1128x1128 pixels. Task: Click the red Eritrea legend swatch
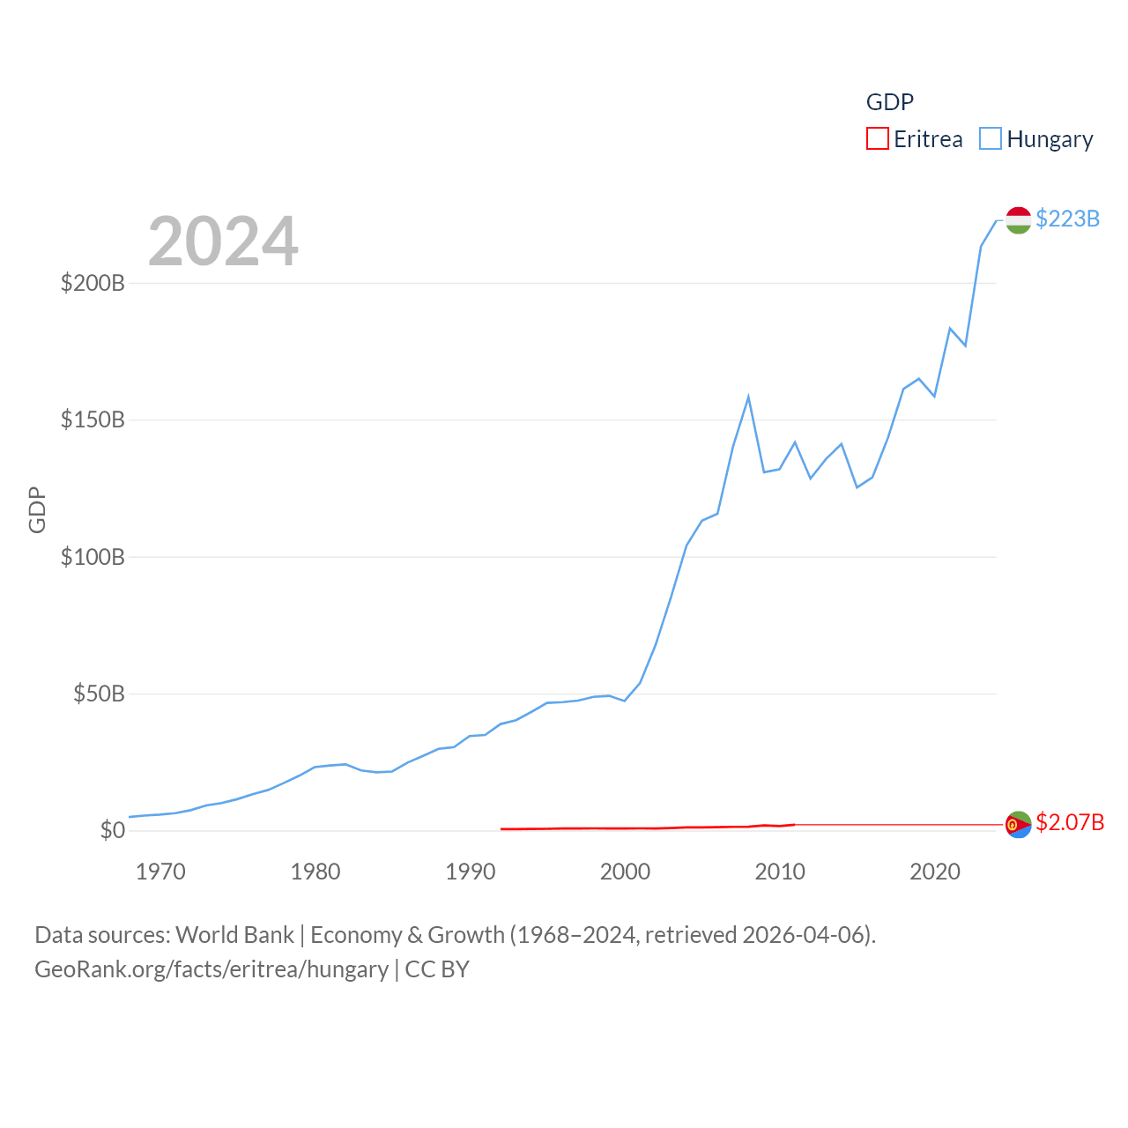[x=878, y=139]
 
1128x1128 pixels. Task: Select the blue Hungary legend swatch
[x=991, y=139]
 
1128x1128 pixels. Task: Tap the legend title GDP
[x=890, y=102]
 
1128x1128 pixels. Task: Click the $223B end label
[x=1067, y=219]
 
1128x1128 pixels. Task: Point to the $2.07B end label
[x=1070, y=822]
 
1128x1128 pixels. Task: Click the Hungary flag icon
[x=1019, y=220]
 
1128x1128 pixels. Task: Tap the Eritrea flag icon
[x=1019, y=825]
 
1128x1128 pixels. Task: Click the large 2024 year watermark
[x=223, y=241]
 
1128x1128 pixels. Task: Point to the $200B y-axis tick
[x=93, y=283]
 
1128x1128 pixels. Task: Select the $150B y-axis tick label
[x=93, y=419]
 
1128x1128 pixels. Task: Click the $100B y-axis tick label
[x=93, y=557]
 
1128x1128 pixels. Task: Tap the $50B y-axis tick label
[x=99, y=694]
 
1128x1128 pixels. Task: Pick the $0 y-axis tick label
[x=113, y=830]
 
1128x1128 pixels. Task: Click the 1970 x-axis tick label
[x=160, y=872]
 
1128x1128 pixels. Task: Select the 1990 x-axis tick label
[x=471, y=872]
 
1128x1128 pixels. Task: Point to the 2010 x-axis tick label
[x=780, y=872]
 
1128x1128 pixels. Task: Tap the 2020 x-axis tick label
[x=935, y=872]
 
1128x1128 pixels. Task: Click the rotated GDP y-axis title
[x=37, y=509]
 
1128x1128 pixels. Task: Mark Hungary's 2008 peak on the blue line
[x=748, y=397]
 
